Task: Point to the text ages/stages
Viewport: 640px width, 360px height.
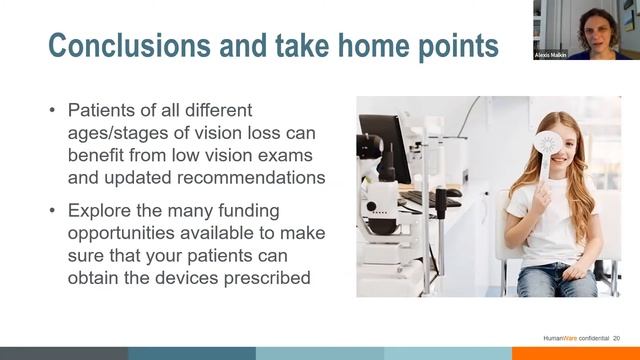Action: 114,133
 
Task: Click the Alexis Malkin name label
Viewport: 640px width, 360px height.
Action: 551,55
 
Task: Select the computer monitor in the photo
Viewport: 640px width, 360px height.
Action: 387,150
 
